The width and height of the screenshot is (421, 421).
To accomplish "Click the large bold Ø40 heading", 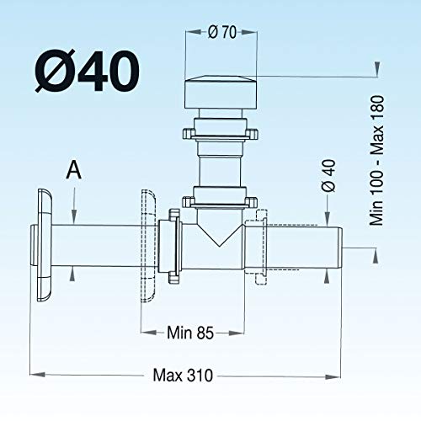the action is (x=87, y=71).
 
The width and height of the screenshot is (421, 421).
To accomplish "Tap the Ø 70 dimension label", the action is (x=222, y=32).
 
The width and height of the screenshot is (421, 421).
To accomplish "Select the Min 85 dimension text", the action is (x=190, y=333).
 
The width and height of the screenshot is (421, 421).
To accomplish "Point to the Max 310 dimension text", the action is (x=183, y=376).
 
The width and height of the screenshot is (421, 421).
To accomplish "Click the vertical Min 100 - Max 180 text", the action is (x=376, y=160).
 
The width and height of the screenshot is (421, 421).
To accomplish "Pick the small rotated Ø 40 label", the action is (x=328, y=176).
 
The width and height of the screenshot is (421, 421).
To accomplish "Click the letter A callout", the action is (x=73, y=170).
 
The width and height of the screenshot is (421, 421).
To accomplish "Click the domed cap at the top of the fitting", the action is (x=221, y=92).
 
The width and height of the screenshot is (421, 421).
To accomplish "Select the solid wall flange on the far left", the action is (x=45, y=245).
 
